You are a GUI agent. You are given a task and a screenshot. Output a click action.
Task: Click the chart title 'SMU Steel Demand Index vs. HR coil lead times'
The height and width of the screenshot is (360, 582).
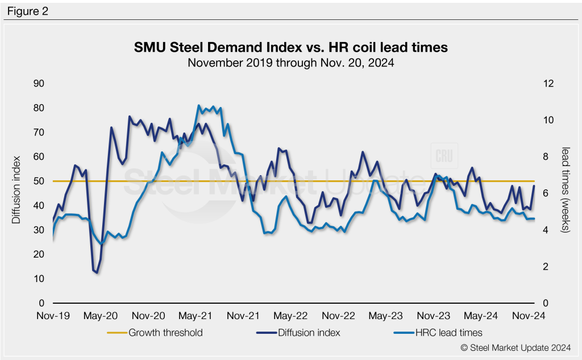(290, 48)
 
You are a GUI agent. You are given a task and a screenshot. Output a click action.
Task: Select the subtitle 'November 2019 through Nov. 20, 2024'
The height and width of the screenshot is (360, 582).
(290, 63)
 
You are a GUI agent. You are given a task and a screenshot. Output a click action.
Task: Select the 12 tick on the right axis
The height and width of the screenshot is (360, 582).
(548, 84)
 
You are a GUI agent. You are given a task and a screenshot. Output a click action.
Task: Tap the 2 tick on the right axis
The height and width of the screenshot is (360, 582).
(546, 266)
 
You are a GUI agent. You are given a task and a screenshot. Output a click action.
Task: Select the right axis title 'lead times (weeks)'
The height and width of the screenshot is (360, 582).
(566, 189)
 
